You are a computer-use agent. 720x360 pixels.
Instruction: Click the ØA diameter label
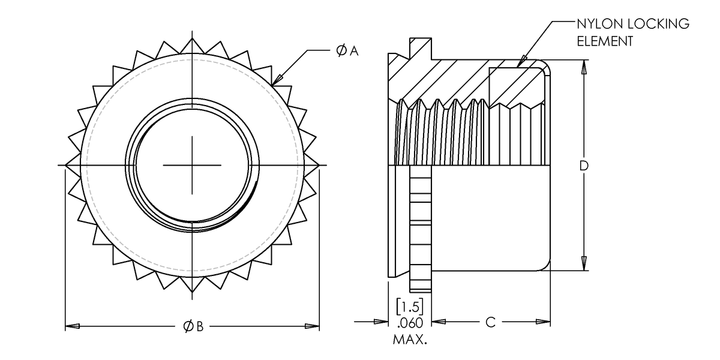[347, 52]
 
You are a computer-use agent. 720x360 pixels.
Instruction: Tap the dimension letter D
[583, 166]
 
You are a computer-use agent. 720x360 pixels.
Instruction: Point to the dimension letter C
[490, 322]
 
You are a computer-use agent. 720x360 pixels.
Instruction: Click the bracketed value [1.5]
[410, 306]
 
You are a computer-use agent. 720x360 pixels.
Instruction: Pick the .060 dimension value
[410, 323]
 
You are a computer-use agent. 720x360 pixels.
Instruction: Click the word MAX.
[410, 340]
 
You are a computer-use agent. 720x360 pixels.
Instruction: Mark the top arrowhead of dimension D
[583, 66]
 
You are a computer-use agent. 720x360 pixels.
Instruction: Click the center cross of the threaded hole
[192, 165]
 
